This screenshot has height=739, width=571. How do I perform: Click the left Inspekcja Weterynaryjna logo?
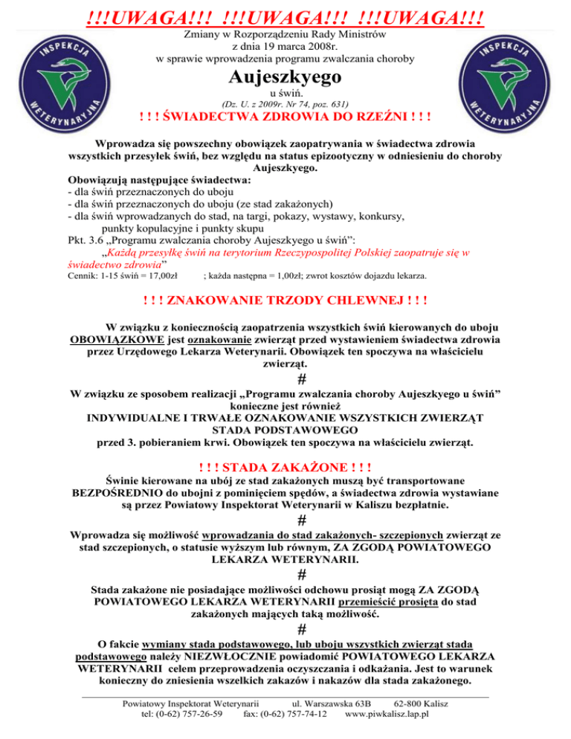point(64,81)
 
